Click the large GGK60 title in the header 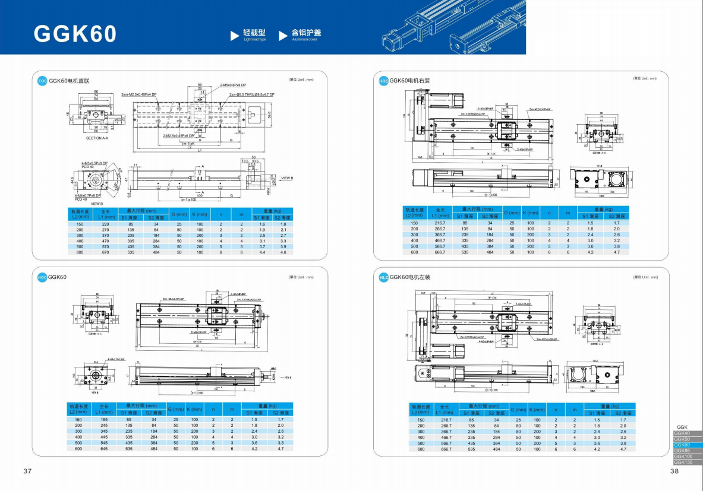[x=75, y=34]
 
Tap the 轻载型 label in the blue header [x=254, y=33]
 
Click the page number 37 [x=27, y=471]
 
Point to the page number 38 [x=674, y=471]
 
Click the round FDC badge [x=42, y=81]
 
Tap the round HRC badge [x=383, y=81]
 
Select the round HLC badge [x=383, y=277]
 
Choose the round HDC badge [x=42, y=277]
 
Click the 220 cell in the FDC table [x=106, y=224]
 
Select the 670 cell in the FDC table [x=106, y=252]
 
